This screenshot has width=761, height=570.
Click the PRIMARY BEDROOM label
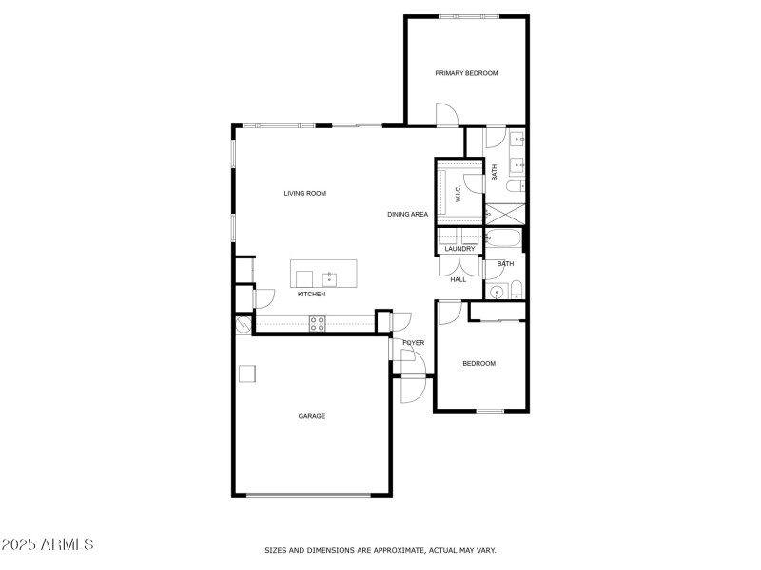[466, 73]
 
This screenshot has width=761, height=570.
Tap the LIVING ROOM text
[304, 193]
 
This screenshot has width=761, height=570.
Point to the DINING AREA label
[407, 215]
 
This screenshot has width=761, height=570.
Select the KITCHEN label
[311, 294]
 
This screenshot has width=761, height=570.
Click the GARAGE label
[311, 416]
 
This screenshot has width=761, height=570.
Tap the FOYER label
[413, 342]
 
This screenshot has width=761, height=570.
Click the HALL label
[458, 280]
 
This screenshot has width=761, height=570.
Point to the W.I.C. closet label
[458, 195]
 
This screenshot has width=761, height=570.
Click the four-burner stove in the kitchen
[317, 324]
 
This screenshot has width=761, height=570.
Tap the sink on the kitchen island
[329, 278]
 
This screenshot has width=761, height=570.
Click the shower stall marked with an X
[503, 213]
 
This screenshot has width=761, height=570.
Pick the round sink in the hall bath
[496, 292]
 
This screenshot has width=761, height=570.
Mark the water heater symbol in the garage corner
[243, 326]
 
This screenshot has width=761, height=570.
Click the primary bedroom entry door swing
[446, 115]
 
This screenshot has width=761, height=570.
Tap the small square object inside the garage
[246, 373]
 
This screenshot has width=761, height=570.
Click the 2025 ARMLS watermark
[48, 545]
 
